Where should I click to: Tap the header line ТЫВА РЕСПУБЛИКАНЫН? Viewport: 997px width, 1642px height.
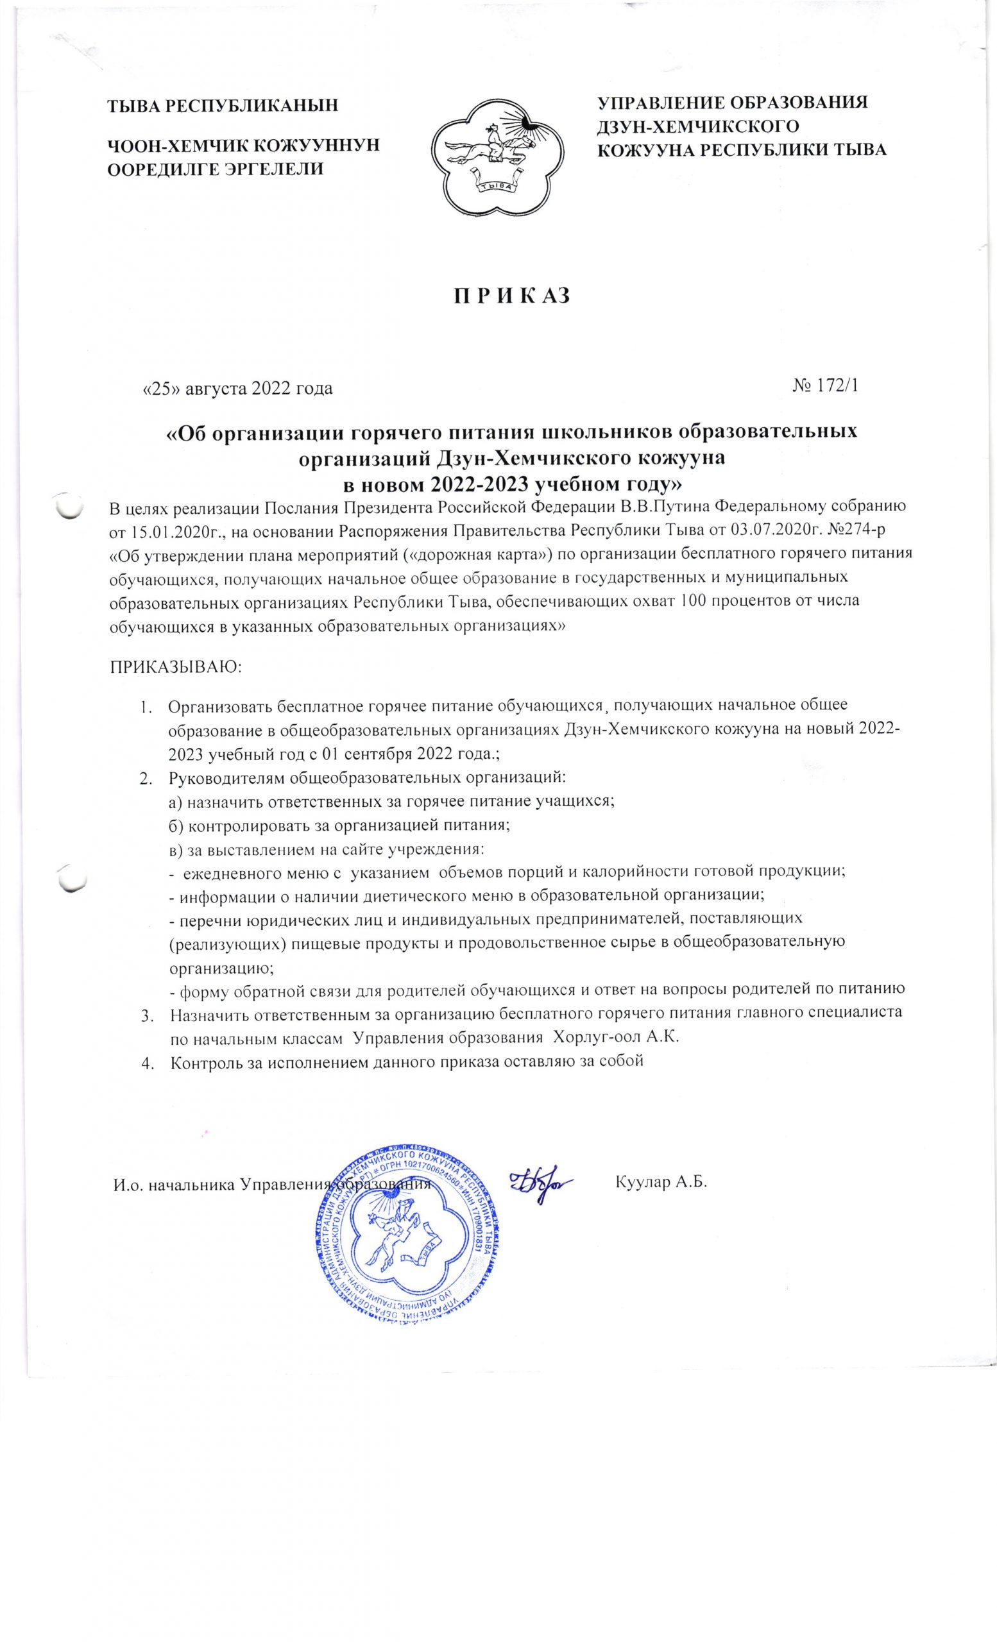tap(223, 105)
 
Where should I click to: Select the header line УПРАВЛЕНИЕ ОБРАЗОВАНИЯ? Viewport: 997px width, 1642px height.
tap(733, 103)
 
